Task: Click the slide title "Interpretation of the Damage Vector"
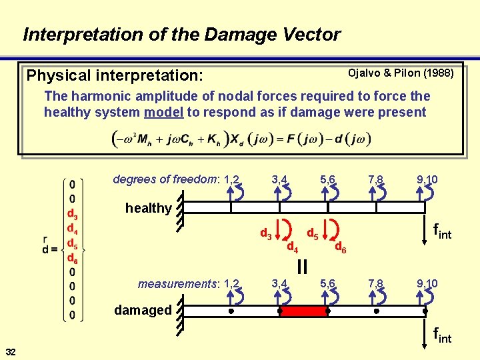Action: (x=181, y=34)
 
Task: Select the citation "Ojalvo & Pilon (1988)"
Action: (x=401, y=72)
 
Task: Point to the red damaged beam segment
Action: (x=304, y=311)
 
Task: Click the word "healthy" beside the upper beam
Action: (x=148, y=208)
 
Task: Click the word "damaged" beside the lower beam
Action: (x=143, y=310)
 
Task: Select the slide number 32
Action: (x=11, y=351)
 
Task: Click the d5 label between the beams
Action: (x=311, y=233)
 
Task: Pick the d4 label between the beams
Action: (x=292, y=247)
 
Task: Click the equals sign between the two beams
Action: (x=302, y=267)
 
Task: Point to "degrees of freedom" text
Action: (x=167, y=179)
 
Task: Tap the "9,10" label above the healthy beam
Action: (x=427, y=179)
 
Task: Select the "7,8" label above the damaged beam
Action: (x=376, y=284)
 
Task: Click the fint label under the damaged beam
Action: (x=442, y=334)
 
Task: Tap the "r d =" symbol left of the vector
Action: (x=49, y=247)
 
